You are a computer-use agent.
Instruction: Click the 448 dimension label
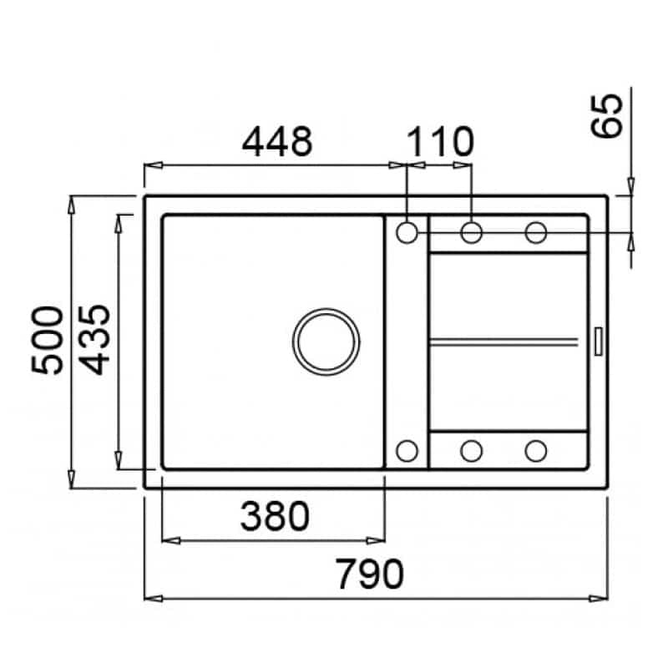point(277,141)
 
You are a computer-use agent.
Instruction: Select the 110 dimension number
point(440,141)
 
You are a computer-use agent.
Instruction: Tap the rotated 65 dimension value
point(606,116)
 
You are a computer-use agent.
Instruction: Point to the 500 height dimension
point(48,340)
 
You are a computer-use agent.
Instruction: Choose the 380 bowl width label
point(275,516)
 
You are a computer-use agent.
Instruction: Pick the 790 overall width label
point(369,574)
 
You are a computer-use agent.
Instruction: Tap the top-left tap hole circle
point(407,233)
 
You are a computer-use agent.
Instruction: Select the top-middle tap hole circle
point(471,233)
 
